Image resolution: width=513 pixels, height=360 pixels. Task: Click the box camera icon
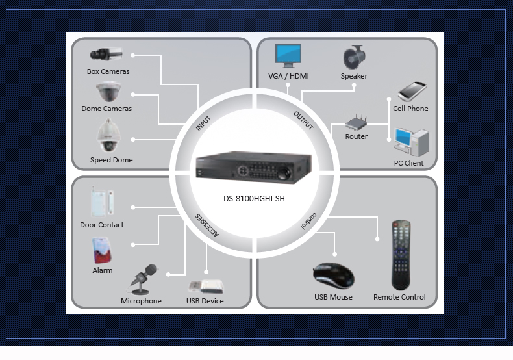pos(107,54)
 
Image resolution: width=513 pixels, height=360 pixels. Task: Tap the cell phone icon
pos(411,92)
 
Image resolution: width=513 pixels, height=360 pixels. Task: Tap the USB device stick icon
pos(206,285)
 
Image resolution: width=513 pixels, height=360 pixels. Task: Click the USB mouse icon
pos(333,276)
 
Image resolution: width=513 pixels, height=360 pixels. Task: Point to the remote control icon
pos(401,255)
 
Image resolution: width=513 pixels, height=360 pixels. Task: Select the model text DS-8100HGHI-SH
pos(250,199)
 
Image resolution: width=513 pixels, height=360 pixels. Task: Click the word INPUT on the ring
pos(204,122)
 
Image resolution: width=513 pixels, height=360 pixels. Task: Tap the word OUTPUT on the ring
pos(303,120)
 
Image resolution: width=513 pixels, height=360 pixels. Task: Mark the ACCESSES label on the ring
pos(207,224)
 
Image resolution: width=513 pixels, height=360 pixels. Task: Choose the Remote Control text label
pos(399,297)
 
